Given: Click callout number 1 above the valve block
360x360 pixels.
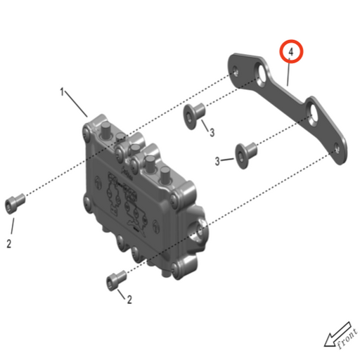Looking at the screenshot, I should coord(63,92).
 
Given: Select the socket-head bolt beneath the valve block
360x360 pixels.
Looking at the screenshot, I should coord(115,279).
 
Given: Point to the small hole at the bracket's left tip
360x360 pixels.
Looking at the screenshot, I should coord(237,68).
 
